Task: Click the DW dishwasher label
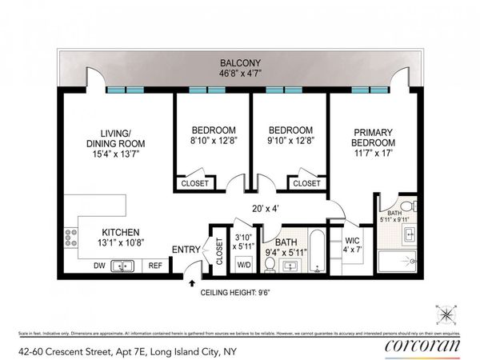point(99,266)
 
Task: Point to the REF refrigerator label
point(155,266)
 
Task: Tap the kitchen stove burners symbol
point(71,238)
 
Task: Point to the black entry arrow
point(192,280)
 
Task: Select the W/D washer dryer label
point(243,265)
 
